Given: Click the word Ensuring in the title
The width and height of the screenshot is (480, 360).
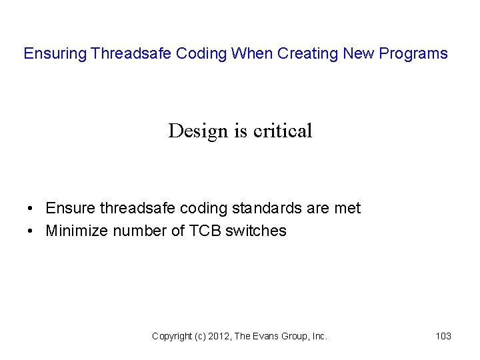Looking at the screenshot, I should pyautogui.click(x=55, y=53).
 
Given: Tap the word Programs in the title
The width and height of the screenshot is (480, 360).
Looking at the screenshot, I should pyautogui.click(x=415, y=53).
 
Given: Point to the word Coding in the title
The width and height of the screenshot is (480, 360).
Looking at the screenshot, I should pyautogui.click(x=201, y=53).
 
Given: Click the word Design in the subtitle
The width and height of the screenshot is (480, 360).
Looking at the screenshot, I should pyautogui.click(x=198, y=131).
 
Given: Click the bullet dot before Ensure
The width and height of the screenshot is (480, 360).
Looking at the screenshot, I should pyautogui.click(x=32, y=209).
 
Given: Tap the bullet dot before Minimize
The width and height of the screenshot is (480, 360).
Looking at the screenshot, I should pyautogui.click(x=32, y=231).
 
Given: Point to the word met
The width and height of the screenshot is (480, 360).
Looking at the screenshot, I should pyautogui.click(x=347, y=208).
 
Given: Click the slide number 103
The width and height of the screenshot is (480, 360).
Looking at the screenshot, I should pyautogui.click(x=443, y=337).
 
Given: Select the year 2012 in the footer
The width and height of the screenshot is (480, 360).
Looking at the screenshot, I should pyautogui.click(x=217, y=337).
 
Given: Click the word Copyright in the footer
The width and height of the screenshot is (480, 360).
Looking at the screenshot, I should pyautogui.click(x=173, y=337).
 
